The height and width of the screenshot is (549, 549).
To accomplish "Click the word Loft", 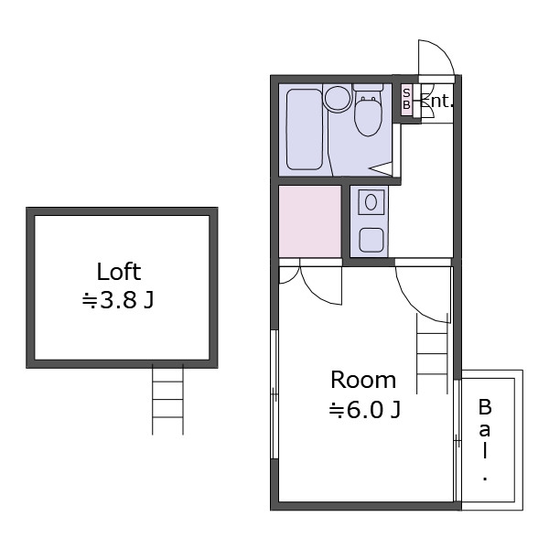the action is pos(119,272).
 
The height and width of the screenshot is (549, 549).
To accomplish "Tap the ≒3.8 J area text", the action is pos(118,300).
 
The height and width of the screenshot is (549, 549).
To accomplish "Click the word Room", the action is pos(363,380).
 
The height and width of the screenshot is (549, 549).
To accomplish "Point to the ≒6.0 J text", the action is pos(365,410).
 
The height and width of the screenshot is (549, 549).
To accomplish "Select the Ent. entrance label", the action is pos(436,101).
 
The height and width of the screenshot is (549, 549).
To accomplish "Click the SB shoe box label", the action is pos(406,99).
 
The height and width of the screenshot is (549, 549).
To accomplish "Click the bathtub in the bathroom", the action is pos(305,129).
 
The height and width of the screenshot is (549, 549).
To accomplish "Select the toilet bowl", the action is pos(368,111).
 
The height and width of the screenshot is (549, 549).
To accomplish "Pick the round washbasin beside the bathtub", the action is pos(337,99).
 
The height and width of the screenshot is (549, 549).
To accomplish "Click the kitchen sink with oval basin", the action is pos(371,202).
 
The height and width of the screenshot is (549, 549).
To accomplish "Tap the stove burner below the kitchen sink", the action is pos(371,240).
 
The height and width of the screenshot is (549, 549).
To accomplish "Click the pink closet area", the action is pos(310,221).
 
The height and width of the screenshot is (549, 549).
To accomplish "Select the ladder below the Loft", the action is pos(167,400).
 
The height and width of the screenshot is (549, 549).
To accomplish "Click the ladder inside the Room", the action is pos(432,353).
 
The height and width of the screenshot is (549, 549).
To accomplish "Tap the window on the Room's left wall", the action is pos(274,394).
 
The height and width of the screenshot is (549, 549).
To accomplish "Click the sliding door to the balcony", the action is pos(457,440).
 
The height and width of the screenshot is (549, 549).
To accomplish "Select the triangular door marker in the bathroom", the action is pos(381,168).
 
